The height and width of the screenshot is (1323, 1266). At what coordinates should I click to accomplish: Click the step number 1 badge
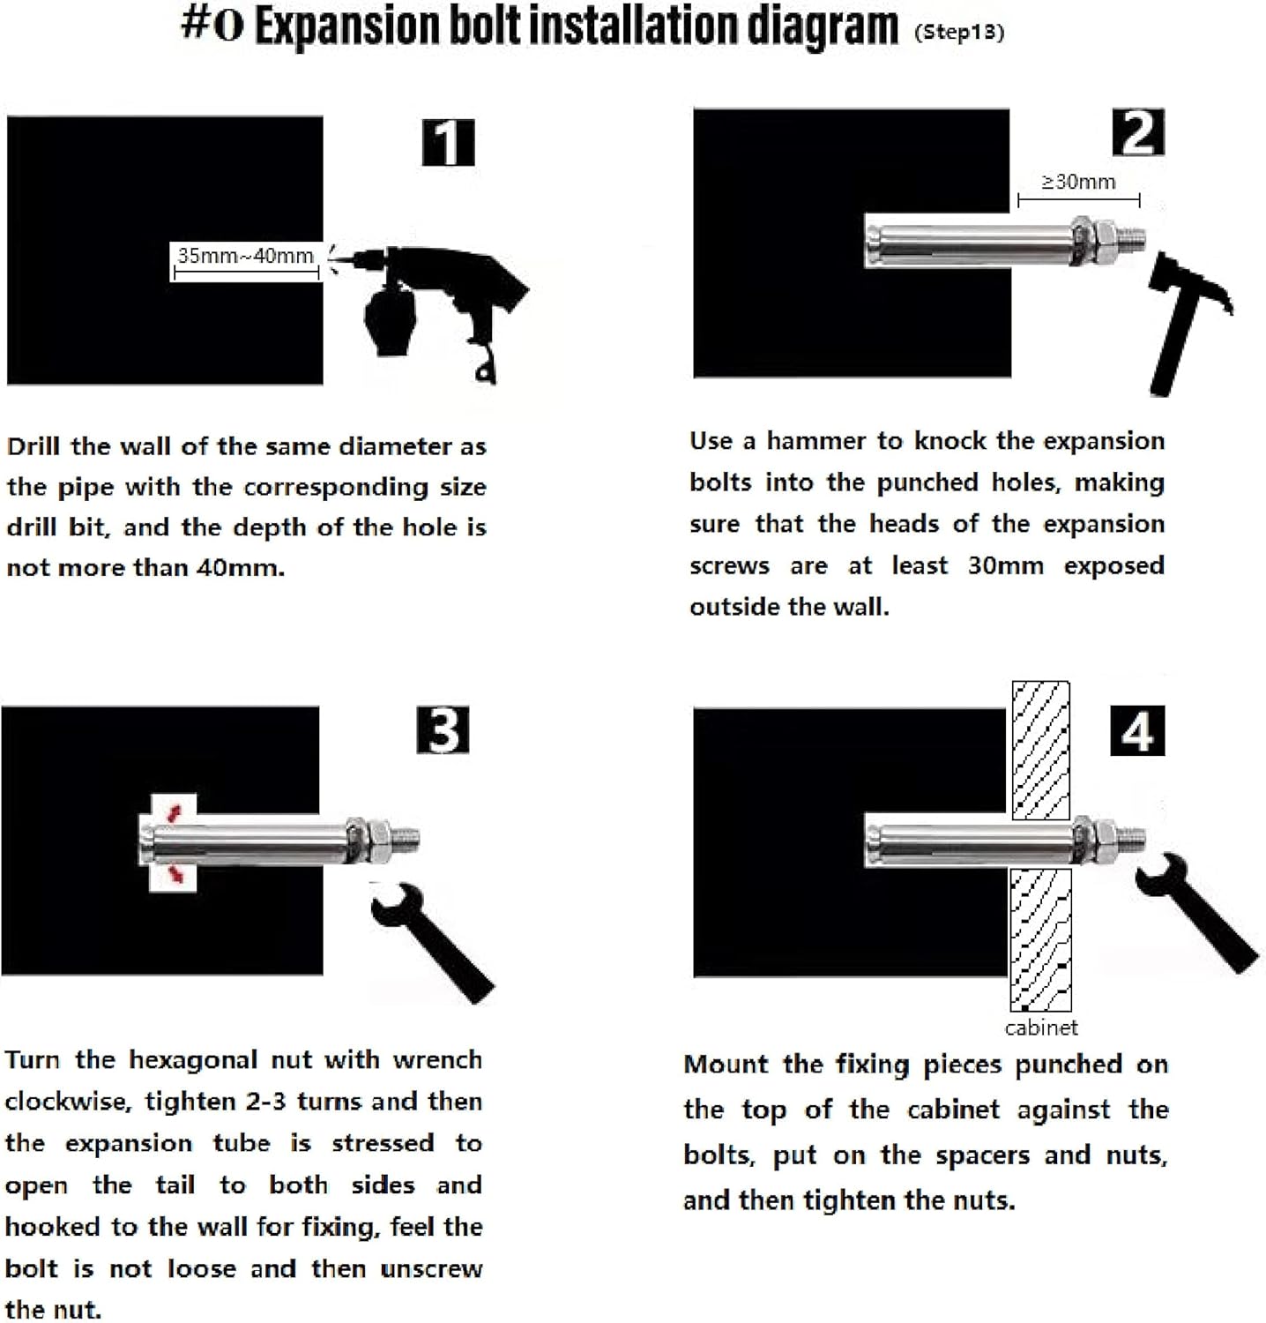click(449, 143)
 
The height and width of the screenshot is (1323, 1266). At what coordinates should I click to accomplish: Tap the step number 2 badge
click(1138, 132)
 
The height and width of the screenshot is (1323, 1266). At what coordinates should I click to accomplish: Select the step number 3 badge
click(443, 730)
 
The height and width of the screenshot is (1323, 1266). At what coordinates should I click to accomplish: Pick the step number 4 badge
click(1137, 731)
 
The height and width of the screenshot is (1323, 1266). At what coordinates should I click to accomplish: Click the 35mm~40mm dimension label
click(245, 256)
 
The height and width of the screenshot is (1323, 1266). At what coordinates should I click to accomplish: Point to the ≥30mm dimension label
click(1078, 182)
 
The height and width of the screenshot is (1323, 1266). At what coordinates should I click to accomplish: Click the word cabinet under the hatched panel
click(1041, 1028)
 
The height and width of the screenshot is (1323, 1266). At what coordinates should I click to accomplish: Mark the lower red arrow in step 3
click(177, 872)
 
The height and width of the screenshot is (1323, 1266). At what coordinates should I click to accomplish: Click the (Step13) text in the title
click(959, 33)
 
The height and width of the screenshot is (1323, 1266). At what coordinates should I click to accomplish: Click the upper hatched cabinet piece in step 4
click(1041, 750)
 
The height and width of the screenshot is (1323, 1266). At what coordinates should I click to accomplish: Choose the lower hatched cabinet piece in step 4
click(1040, 940)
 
